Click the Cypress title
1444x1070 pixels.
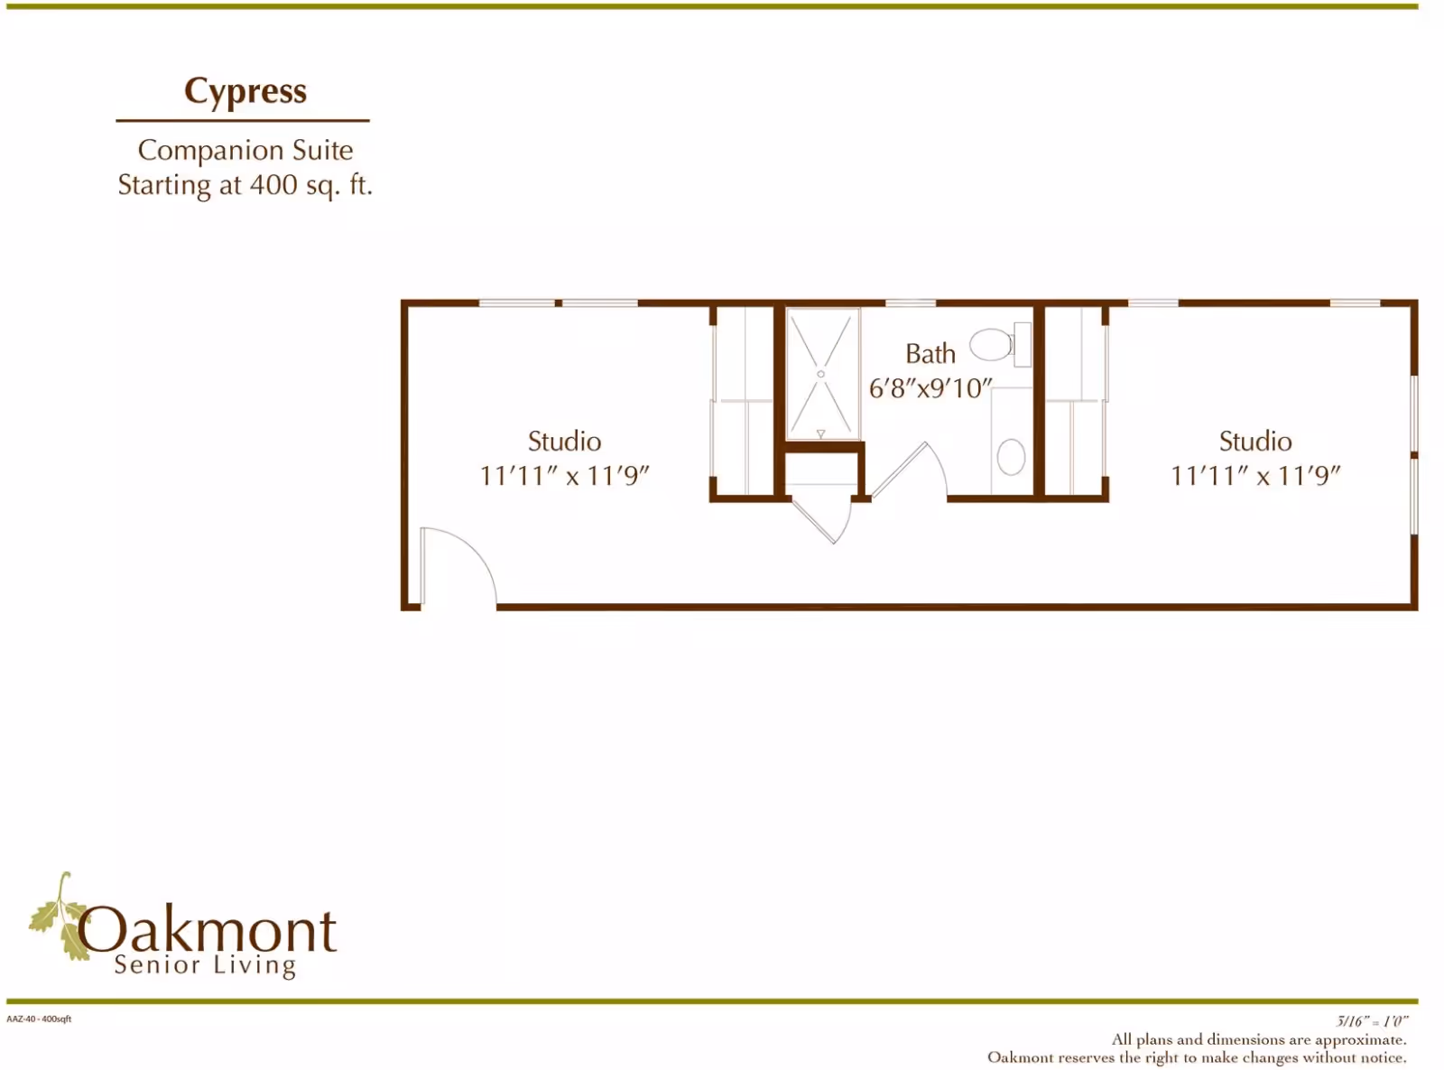point(245,92)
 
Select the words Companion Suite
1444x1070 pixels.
point(245,150)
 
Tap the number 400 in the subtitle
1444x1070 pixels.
point(273,185)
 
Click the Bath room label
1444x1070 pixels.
point(930,354)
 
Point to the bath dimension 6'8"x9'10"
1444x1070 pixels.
point(930,388)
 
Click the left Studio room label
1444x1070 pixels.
point(564,442)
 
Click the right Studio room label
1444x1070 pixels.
point(1255,442)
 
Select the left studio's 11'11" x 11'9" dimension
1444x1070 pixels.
point(564,476)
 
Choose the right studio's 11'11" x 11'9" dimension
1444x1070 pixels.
point(1255,476)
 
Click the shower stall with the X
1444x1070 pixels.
point(821,374)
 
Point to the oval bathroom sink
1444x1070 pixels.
point(1011,457)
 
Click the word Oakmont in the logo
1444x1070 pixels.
point(208,930)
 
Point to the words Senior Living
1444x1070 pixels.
point(205,965)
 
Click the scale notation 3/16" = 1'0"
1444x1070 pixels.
point(1372,1021)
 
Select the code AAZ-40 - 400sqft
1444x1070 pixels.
point(39,1019)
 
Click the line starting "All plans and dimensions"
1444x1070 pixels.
point(1258,1039)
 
